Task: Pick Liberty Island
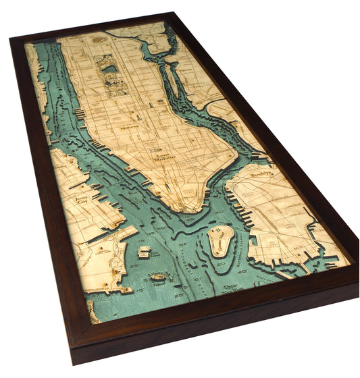point(158,277)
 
